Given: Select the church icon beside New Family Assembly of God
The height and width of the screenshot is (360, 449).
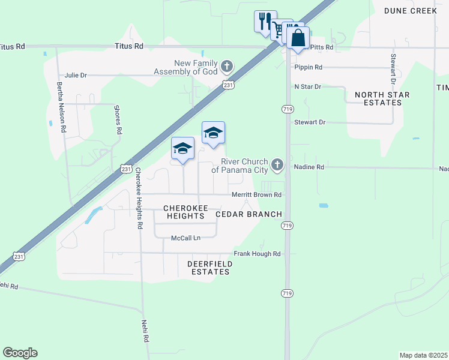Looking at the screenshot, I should click(227, 65).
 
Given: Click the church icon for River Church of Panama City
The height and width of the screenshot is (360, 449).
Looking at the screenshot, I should click(277, 164).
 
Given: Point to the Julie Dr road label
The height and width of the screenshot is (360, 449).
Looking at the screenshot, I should click(76, 75).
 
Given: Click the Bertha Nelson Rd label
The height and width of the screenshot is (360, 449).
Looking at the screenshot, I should click(61, 107).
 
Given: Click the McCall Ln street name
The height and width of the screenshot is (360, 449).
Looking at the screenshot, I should click(185, 238).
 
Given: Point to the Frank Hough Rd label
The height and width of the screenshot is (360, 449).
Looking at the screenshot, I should click(258, 254).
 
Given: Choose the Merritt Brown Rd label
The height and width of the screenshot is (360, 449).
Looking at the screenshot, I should click(257, 195).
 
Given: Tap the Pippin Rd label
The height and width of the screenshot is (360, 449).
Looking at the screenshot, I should click(309, 67).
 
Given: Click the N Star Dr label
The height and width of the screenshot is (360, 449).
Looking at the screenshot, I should click(308, 86).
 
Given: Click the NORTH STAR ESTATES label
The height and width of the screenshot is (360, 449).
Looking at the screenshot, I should click(378, 99).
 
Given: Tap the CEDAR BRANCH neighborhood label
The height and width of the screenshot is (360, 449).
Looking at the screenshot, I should click(248, 214).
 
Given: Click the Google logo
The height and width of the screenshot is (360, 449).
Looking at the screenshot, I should click(20, 353).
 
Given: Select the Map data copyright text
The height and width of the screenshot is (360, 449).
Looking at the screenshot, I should click(423, 355).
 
